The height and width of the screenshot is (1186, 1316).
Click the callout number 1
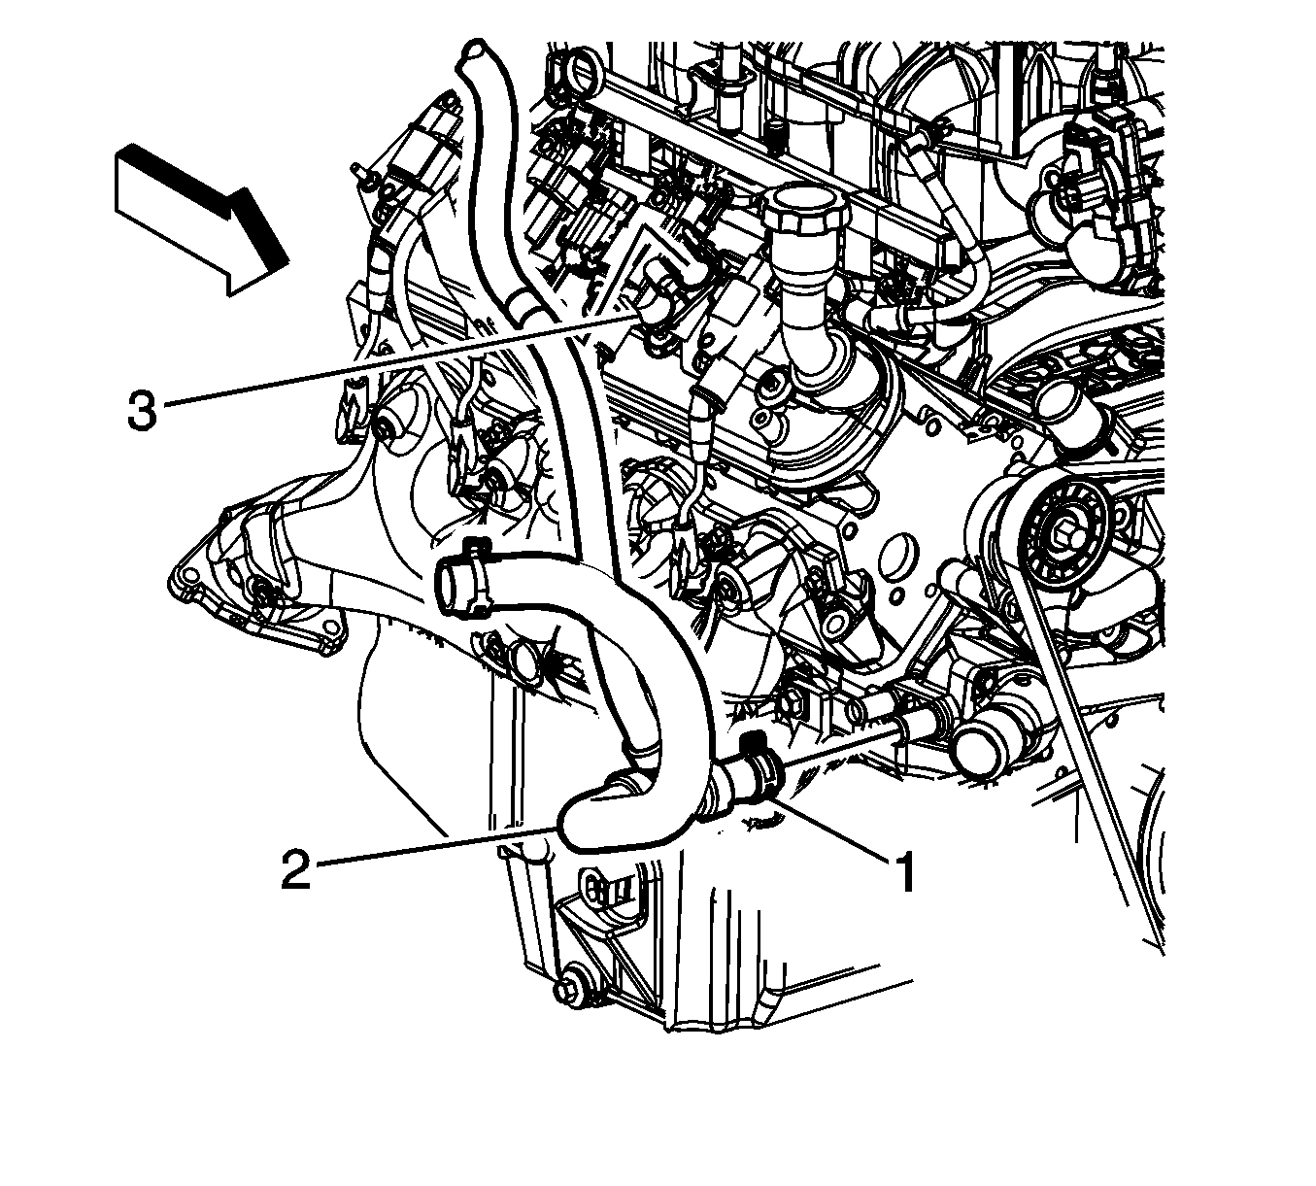click(906, 872)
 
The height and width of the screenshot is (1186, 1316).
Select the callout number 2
click(295, 869)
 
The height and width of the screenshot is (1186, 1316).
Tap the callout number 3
click(143, 409)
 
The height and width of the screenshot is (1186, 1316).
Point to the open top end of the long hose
click(474, 50)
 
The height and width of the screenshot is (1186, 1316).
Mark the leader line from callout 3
click(399, 360)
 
